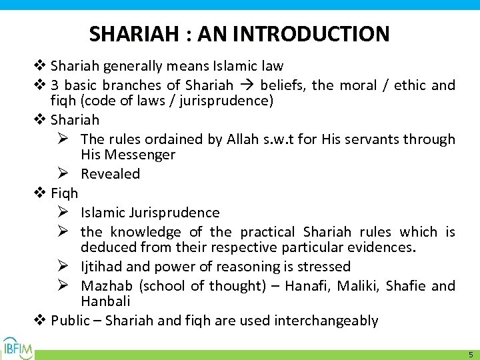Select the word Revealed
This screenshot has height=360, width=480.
(x=110, y=174)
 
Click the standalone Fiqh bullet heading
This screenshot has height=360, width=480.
(x=65, y=193)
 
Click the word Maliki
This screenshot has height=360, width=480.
(x=360, y=286)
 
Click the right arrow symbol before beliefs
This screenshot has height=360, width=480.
(x=247, y=85)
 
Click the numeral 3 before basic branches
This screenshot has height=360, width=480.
(x=55, y=85)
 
